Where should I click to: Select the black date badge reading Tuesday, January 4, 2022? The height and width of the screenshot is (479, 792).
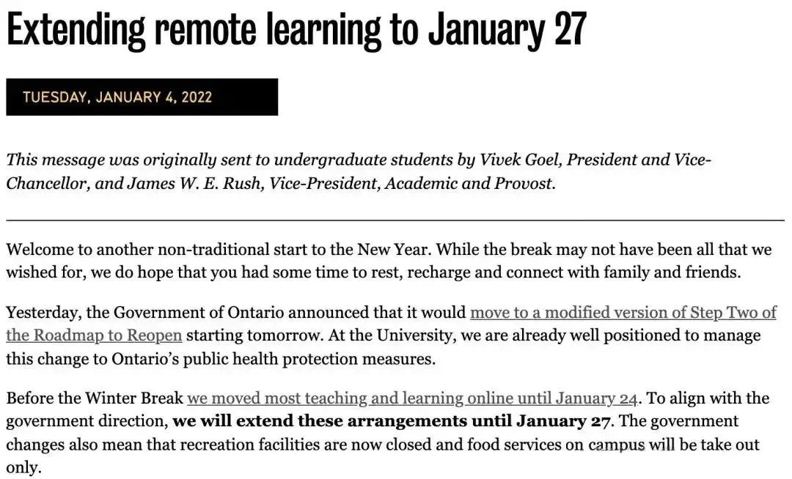[142, 97]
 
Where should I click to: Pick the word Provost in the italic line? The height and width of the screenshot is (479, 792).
[523, 183]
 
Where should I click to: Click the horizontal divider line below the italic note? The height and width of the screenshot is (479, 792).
[395, 220]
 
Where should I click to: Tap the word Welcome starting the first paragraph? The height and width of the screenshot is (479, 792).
[37, 249]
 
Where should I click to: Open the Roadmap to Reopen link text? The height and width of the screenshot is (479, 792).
[94, 336]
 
